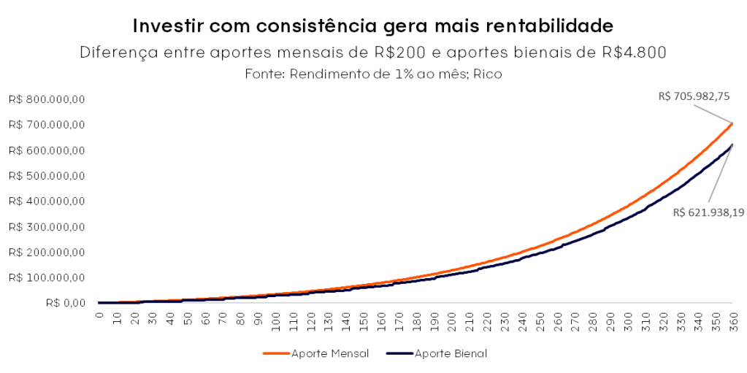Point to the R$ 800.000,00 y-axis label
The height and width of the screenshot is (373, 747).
point(47,99)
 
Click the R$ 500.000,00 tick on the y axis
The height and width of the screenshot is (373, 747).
point(47,176)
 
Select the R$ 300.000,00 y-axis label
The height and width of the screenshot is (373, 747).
point(47,227)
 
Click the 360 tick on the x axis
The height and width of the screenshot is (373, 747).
point(732,321)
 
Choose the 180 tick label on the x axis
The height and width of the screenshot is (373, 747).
point(415,321)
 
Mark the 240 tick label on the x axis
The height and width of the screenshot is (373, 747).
point(521,321)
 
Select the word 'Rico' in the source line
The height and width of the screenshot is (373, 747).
point(490,74)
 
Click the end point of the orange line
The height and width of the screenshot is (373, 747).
point(732,123)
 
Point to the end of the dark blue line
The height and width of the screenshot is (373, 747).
point(732,145)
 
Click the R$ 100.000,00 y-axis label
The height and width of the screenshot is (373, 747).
point(47,277)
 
